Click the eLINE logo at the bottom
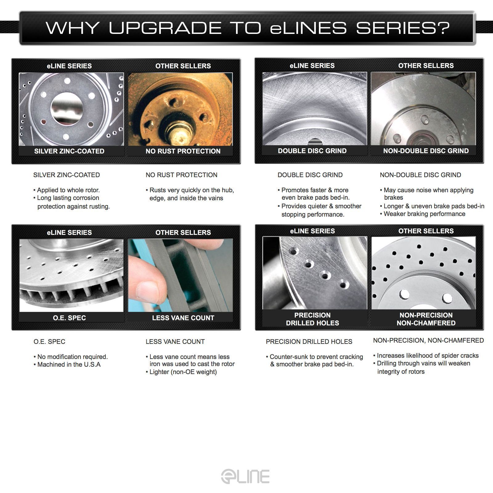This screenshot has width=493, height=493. tap(245, 477)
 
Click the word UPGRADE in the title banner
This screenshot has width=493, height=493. tap(165, 28)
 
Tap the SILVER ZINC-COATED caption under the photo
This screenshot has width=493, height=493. tap(69, 151)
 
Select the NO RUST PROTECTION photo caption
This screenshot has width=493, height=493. tap(183, 151)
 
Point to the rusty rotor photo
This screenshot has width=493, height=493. tap(180, 109)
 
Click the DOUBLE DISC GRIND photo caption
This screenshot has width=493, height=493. tap(312, 151)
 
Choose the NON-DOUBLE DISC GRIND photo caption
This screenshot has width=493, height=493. tap(426, 151)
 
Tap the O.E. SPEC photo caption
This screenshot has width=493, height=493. tap(69, 318)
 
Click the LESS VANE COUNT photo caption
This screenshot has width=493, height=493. tap(183, 318)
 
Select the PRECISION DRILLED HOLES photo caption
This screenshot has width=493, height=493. tap(312, 319)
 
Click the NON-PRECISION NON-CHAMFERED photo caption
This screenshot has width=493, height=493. tap(426, 319)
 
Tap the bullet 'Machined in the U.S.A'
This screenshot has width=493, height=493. tap(67, 365)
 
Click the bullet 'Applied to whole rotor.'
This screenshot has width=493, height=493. tap(67, 190)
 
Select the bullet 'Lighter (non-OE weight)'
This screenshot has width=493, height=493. tap(181, 372)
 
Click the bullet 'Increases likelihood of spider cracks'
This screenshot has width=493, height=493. tap(426, 356)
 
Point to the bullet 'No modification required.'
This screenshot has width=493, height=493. tap(71, 357)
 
